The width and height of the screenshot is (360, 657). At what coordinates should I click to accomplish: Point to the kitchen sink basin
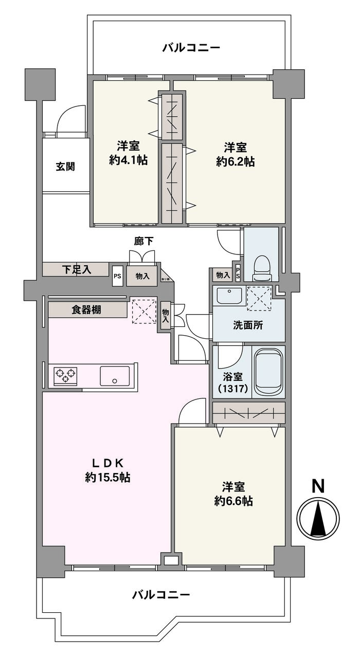coord(114,375)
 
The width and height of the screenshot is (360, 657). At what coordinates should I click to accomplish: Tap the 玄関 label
coord(65,166)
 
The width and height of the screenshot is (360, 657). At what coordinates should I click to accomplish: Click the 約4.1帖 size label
coord(128,160)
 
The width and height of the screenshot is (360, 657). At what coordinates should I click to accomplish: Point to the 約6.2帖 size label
coord(235,161)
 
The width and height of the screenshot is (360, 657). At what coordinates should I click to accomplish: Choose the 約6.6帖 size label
coord(233,501)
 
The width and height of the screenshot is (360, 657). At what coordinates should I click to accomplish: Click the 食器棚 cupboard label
coord(86,310)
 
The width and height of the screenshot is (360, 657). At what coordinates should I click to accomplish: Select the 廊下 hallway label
coord(142,241)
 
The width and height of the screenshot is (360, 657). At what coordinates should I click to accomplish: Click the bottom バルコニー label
coord(161,595)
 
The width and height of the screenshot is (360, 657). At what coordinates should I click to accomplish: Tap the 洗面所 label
coord(248,325)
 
